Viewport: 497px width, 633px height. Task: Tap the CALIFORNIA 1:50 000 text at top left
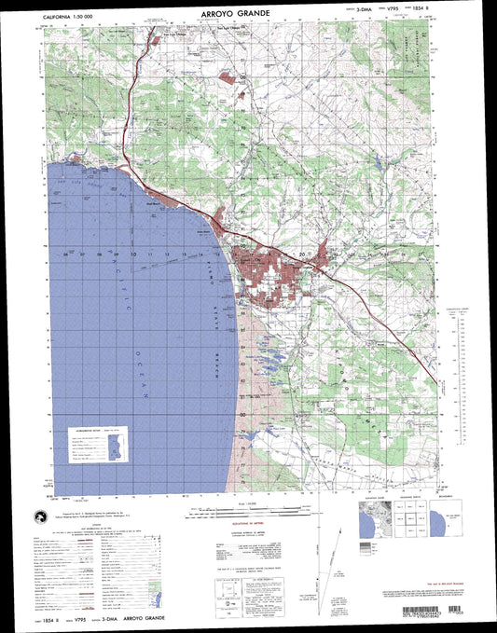pos(75,15)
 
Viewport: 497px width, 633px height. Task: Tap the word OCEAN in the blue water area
pos(147,384)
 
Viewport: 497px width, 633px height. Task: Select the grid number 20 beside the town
pos(302,254)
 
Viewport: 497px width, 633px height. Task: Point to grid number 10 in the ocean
pos(133,254)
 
